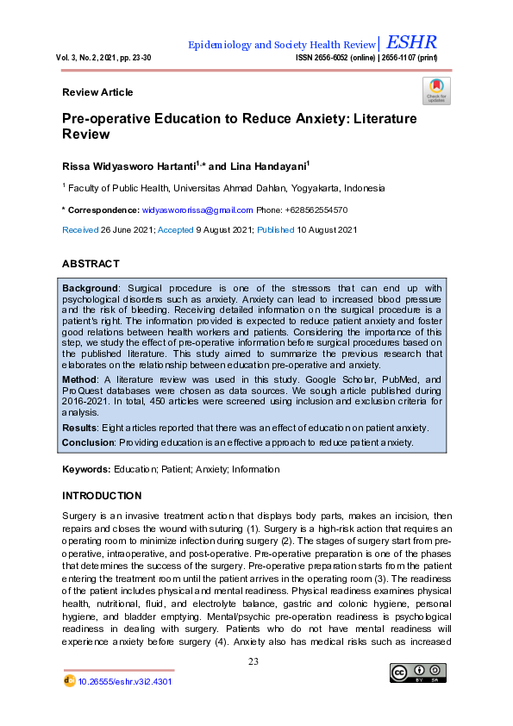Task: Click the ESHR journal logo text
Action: [412, 42]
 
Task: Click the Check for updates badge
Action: [436, 91]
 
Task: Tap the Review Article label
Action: [97, 92]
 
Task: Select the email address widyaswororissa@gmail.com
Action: [197, 210]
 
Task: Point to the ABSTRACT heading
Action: [91, 264]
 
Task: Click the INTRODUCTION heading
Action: [102, 496]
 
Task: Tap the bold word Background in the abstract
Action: [91, 287]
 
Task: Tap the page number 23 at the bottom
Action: [253, 661]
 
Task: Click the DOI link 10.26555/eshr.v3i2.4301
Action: [125, 680]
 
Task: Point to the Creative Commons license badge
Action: [418, 673]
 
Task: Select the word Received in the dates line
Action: [80, 230]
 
